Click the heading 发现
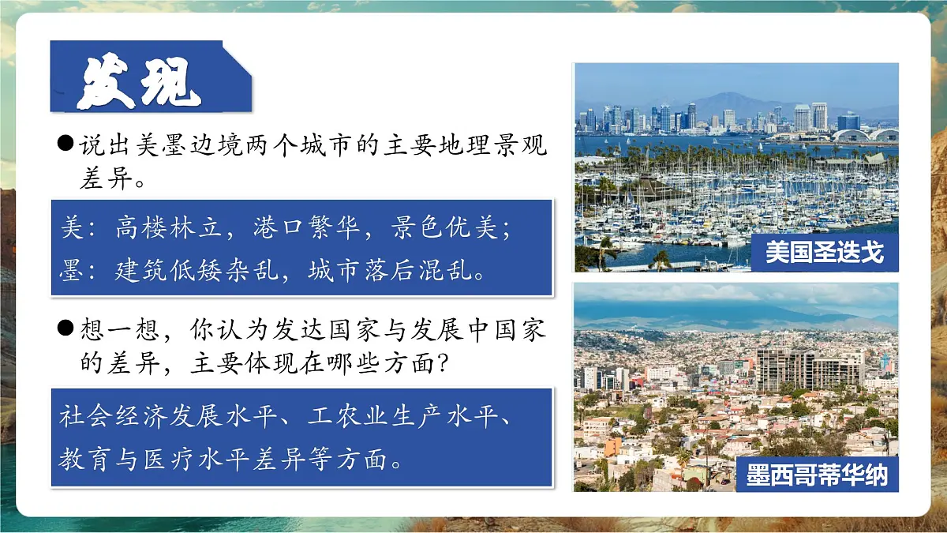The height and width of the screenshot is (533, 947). pyautogui.click(x=139, y=80)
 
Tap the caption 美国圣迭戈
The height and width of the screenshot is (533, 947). pyautogui.click(x=824, y=252)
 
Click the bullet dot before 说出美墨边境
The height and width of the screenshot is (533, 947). pyautogui.click(x=66, y=145)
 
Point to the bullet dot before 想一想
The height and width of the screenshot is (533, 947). pyautogui.click(x=66, y=328)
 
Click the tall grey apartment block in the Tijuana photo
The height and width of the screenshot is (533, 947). pyautogui.click(x=781, y=367)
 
